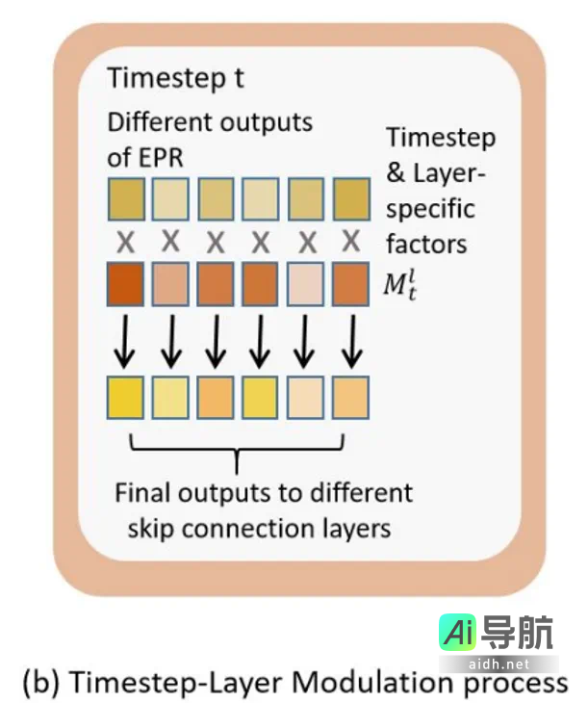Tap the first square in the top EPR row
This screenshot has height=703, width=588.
click(125, 199)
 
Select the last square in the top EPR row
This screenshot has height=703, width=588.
click(350, 199)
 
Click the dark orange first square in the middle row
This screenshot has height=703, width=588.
click(125, 285)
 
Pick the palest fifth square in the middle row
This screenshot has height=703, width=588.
click(305, 285)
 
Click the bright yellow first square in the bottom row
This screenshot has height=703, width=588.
click(125, 396)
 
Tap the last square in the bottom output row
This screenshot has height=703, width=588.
click(350, 396)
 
